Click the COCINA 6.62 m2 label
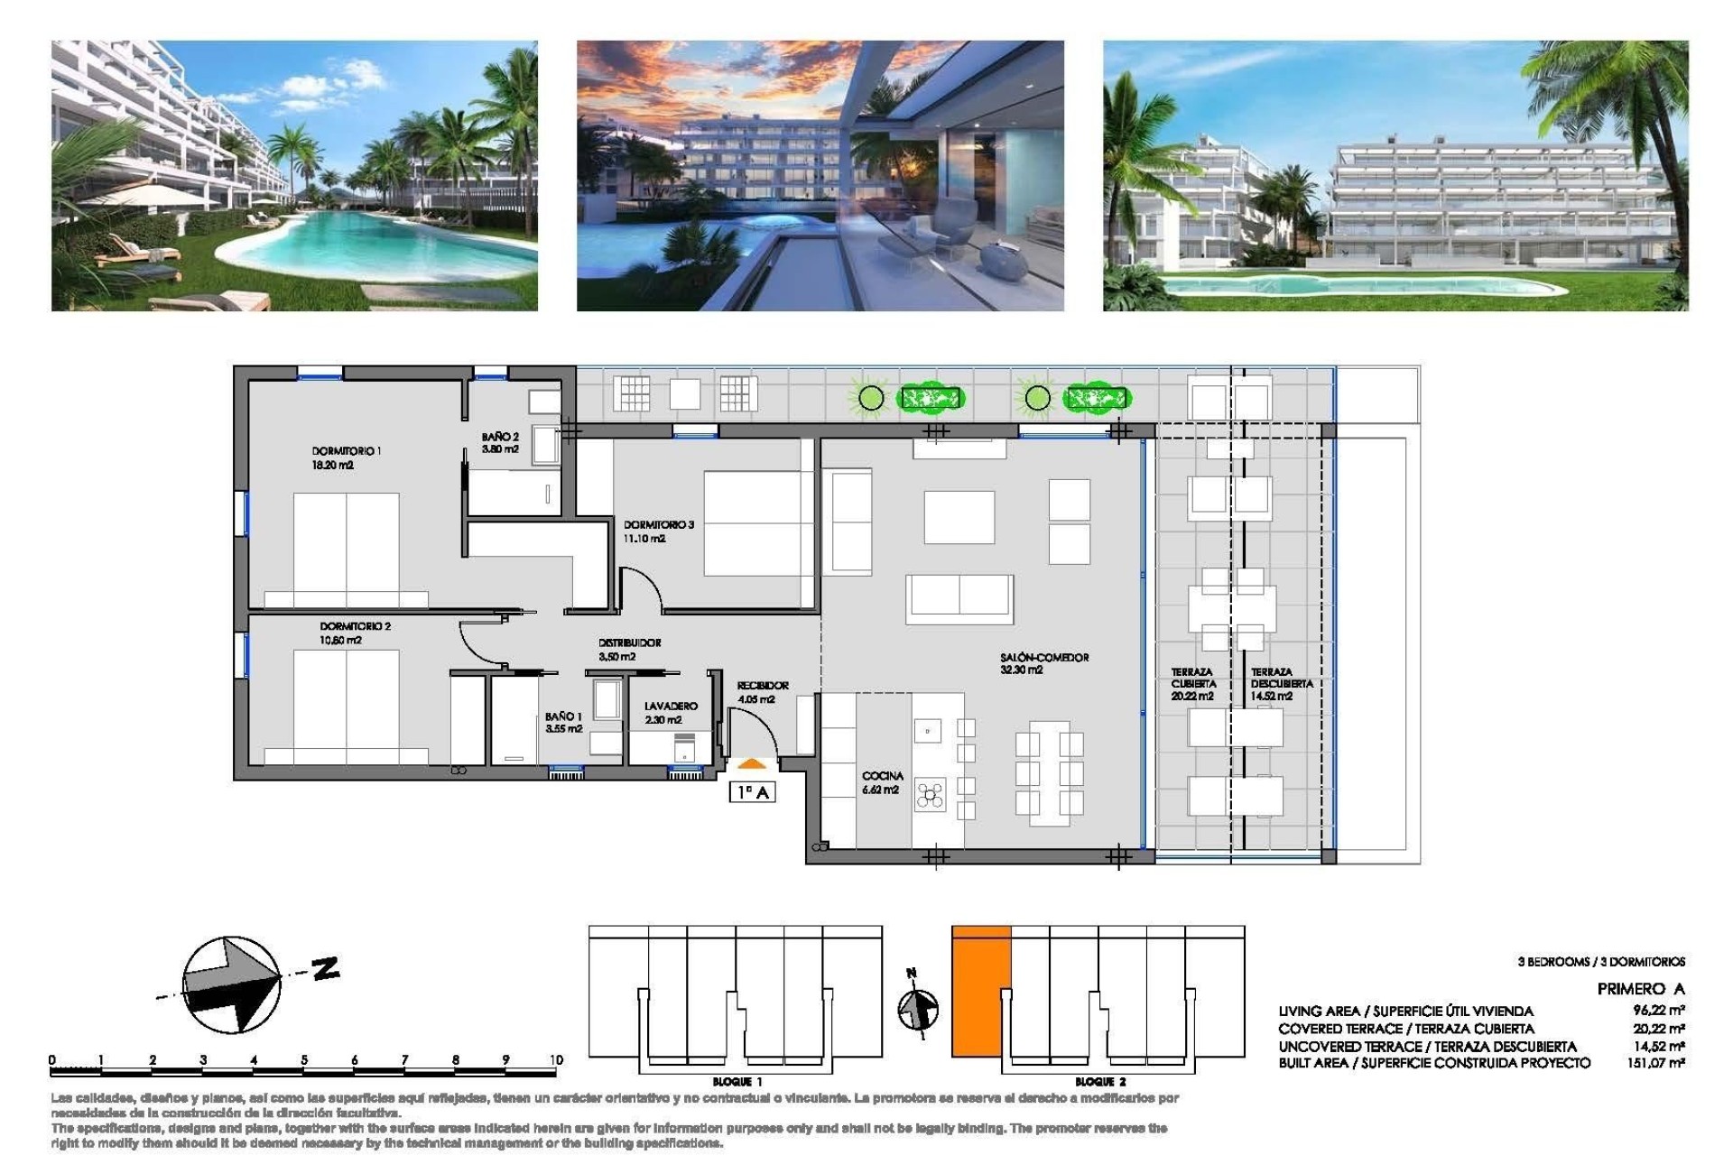881,782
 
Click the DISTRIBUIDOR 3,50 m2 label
629,649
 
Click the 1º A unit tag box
752,792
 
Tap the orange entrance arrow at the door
751,763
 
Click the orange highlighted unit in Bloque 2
979,993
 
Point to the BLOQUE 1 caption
737,1081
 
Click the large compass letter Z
326,969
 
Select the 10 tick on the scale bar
556,1060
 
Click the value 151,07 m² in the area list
1657,1063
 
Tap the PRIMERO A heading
1640,989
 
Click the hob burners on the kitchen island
930,794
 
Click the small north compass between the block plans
917,1007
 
